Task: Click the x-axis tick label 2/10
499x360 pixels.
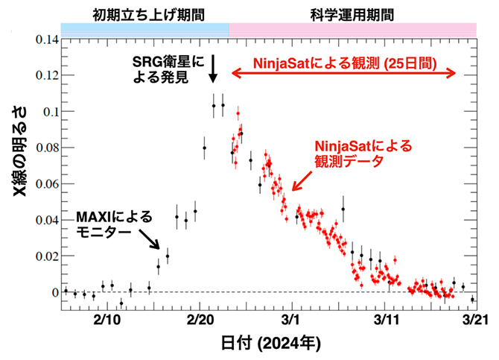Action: click(x=107, y=319)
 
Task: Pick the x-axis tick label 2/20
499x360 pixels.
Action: click(x=199, y=319)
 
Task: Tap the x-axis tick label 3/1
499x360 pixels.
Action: click(x=291, y=319)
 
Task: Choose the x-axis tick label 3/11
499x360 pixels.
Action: click(x=384, y=319)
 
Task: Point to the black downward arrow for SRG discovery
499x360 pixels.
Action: click(x=213, y=69)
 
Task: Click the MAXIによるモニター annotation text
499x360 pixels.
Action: click(x=113, y=224)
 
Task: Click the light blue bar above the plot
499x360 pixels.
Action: click(x=144, y=29)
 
